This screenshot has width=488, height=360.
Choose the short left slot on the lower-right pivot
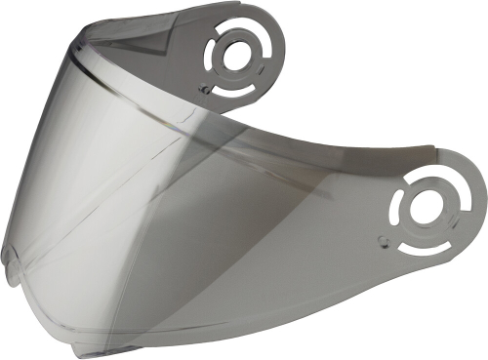(x=400, y=203)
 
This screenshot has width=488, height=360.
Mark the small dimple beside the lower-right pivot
(x=384, y=235)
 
